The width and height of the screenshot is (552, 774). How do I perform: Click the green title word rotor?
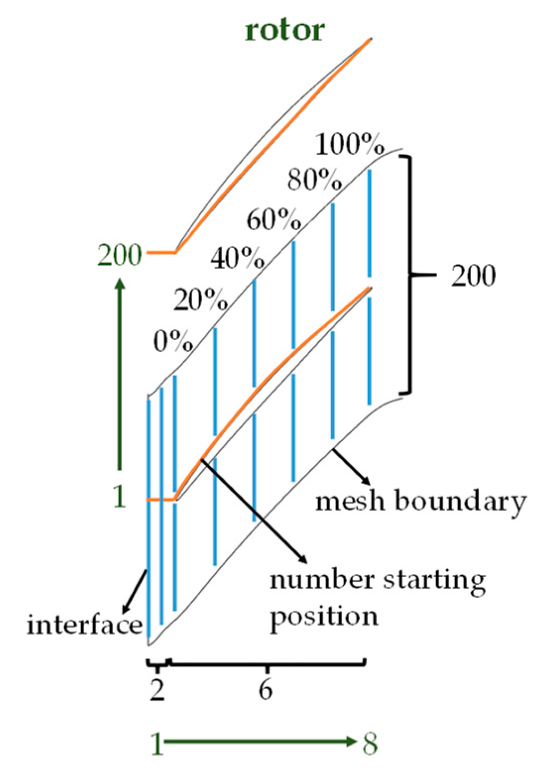pos(284,30)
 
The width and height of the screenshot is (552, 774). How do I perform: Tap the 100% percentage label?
pos(350,143)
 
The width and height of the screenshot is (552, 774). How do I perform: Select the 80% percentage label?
pos(314,180)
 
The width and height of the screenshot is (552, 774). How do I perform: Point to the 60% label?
pos(274,219)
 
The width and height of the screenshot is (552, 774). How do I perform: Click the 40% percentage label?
pos(238,258)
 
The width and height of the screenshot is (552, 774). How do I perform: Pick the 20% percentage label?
pos(201,300)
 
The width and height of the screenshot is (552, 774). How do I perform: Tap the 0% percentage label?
pos(173,341)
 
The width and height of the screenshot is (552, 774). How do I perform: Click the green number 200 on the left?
pos(120,255)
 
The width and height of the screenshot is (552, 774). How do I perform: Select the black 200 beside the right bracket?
pos(473,275)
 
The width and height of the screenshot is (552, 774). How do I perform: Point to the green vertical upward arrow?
pos(120,374)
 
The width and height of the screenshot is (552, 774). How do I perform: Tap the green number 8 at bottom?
pos(370,743)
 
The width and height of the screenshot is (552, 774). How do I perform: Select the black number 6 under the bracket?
pos(266,689)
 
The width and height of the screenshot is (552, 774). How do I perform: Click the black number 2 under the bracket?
pos(157,689)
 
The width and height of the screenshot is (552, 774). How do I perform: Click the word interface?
pos(84,625)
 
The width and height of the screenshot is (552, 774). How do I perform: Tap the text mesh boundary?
pos(420,501)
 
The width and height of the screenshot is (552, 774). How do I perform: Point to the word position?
pos(323,616)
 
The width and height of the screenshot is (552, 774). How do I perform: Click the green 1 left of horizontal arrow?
pos(157,743)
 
